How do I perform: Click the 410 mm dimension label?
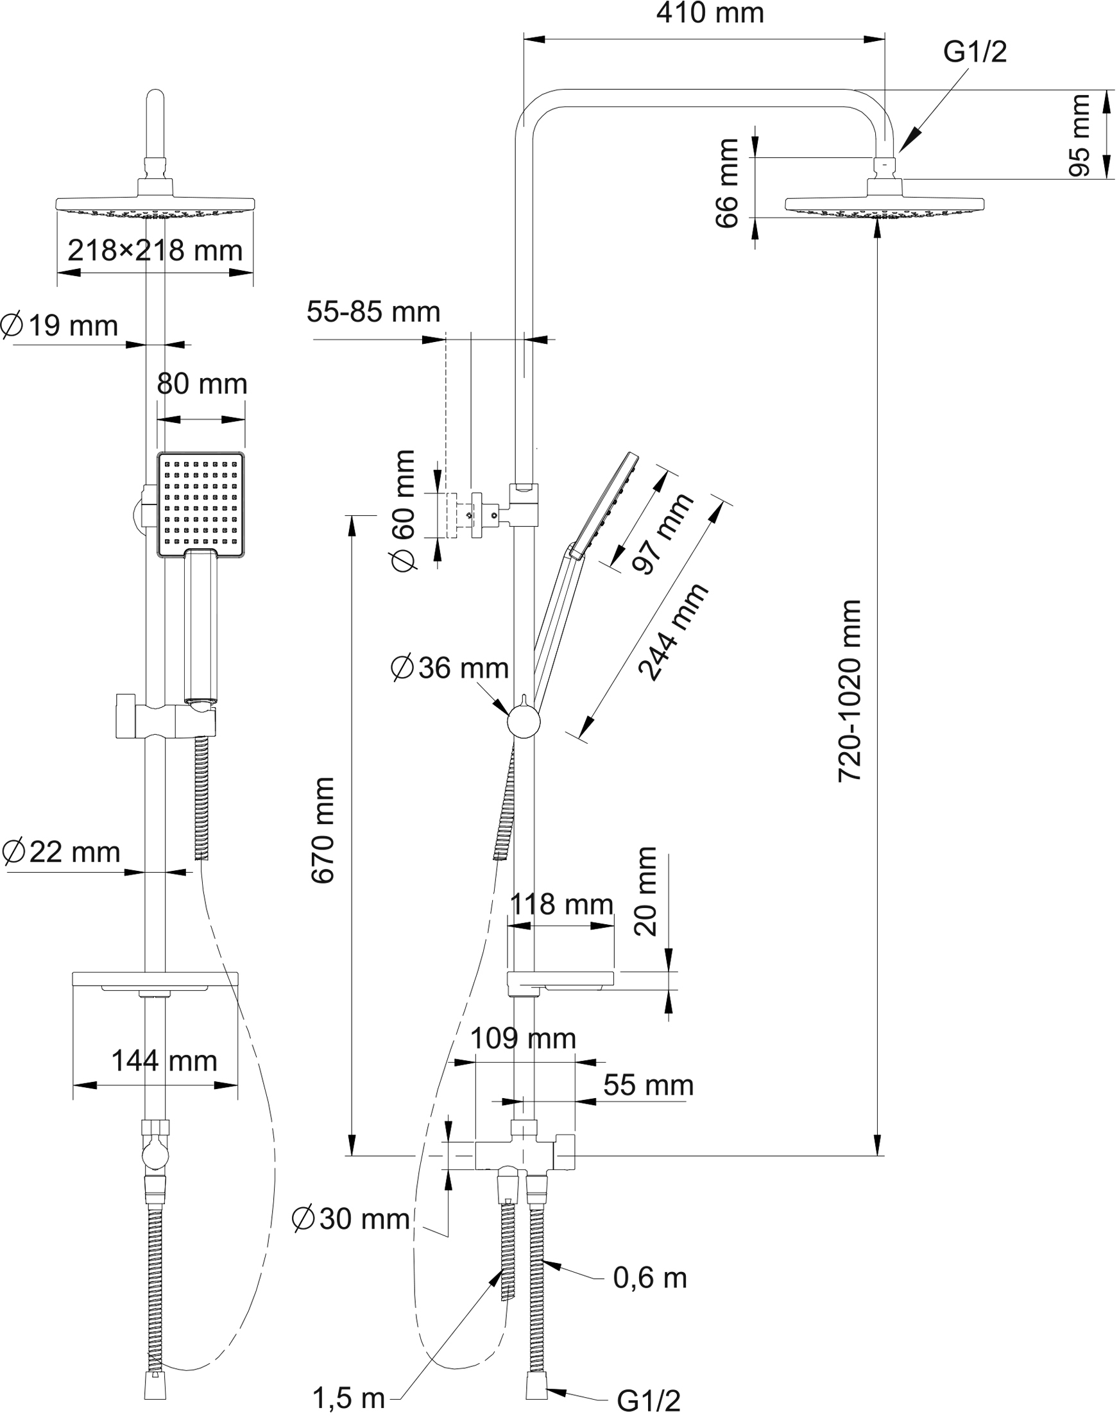click(710, 13)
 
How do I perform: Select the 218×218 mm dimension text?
click(155, 250)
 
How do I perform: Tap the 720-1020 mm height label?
click(850, 691)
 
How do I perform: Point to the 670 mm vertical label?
click(323, 830)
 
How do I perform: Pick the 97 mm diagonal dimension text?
click(662, 534)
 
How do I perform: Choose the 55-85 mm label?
click(373, 312)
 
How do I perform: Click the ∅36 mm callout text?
click(449, 668)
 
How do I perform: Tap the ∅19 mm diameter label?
click(59, 325)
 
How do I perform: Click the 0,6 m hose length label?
click(650, 1278)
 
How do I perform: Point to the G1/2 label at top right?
click(975, 52)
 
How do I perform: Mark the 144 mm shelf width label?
click(164, 1061)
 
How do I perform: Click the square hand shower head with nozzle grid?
click(200, 504)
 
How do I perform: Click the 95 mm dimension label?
click(1079, 135)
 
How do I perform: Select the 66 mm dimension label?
click(726, 184)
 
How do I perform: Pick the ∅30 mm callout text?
click(351, 1219)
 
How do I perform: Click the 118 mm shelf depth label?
click(561, 904)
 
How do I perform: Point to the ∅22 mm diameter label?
click(61, 852)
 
